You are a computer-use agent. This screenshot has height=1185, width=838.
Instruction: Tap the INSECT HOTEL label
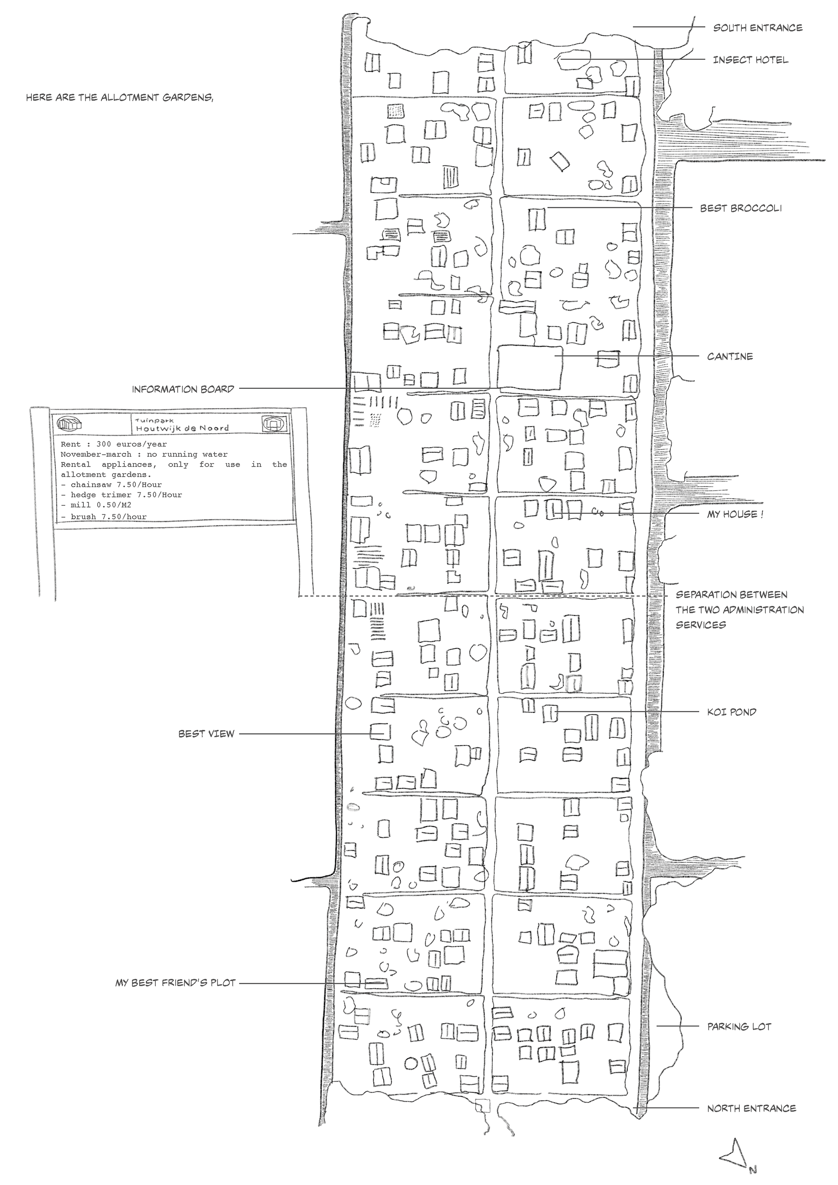[750, 60]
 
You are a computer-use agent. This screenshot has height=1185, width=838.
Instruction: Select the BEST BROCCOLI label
[741, 209]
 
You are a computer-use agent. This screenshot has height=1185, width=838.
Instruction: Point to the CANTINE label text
[730, 357]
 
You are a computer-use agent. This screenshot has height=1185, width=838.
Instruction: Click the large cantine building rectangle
[529, 368]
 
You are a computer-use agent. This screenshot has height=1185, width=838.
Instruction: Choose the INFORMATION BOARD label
[183, 389]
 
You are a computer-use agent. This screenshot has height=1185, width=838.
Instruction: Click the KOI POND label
[731, 712]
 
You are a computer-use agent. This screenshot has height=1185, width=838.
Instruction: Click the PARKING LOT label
[739, 1027]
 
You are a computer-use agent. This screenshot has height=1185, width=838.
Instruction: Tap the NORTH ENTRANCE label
[751, 1108]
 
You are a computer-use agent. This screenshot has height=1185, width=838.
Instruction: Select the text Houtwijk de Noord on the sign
[182, 428]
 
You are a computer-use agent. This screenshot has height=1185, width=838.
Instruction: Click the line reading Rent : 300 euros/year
[113, 444]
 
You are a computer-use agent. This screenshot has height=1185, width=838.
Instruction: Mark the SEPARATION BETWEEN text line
[731, 594]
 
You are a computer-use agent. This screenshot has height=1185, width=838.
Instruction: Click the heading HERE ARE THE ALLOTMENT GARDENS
[119, 97]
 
